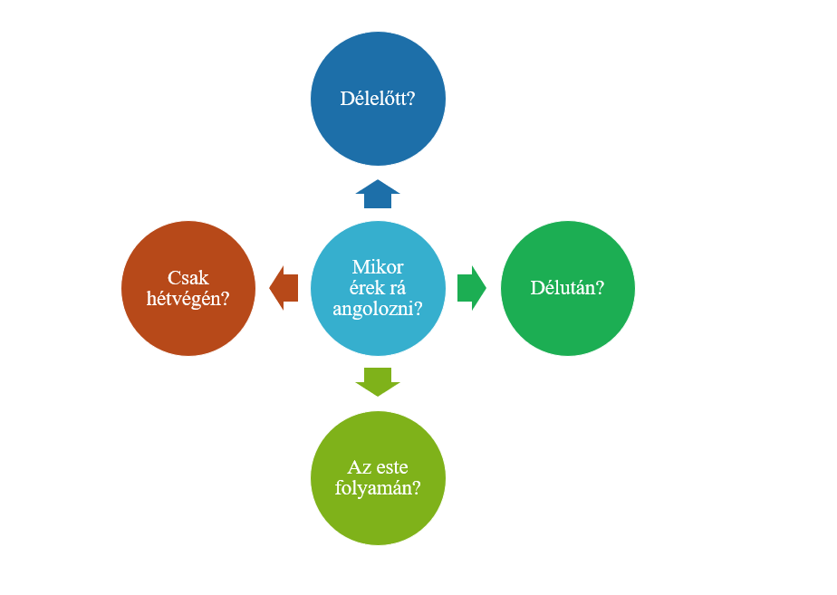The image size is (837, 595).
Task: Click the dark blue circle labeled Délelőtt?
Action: pos(378,99)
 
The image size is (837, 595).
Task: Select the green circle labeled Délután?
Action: pos(567,288)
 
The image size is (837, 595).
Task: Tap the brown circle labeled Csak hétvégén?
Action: pos(188,288)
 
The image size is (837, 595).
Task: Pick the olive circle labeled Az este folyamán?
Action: pos(378,478)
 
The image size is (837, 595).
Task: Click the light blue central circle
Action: pos(378,288)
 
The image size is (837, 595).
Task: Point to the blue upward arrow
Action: pos(378,194)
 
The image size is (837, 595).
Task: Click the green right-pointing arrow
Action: pos(472,288)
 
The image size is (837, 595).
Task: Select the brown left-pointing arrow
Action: pos(284,288)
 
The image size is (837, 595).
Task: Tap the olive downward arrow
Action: pos(378,382)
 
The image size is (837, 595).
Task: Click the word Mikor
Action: pos(378,267)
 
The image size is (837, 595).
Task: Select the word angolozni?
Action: pos(378,309)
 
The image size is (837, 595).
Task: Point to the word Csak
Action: pos(188,277)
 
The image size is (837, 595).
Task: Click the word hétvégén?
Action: pos(188,299)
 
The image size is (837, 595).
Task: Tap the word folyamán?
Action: pos(378,488)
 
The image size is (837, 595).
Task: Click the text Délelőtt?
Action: pos(378,99)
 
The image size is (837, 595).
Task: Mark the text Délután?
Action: pos(567,288)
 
